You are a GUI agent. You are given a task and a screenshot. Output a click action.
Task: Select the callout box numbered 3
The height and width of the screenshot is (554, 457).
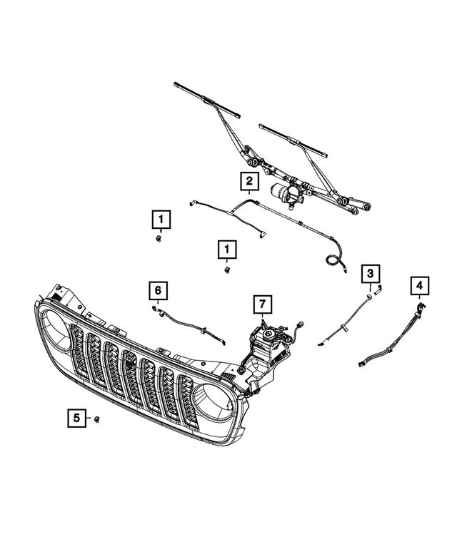(371, 272)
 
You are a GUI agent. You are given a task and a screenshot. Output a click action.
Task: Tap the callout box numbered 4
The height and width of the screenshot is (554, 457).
(420, 287)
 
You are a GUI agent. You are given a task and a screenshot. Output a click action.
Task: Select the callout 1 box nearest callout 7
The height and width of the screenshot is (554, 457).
(226, 249)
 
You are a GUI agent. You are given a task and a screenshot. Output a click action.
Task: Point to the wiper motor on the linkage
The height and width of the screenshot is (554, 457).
(285, 193)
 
